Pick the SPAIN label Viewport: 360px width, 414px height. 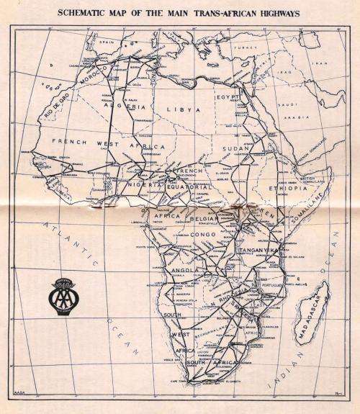click(x=109, y=42)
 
